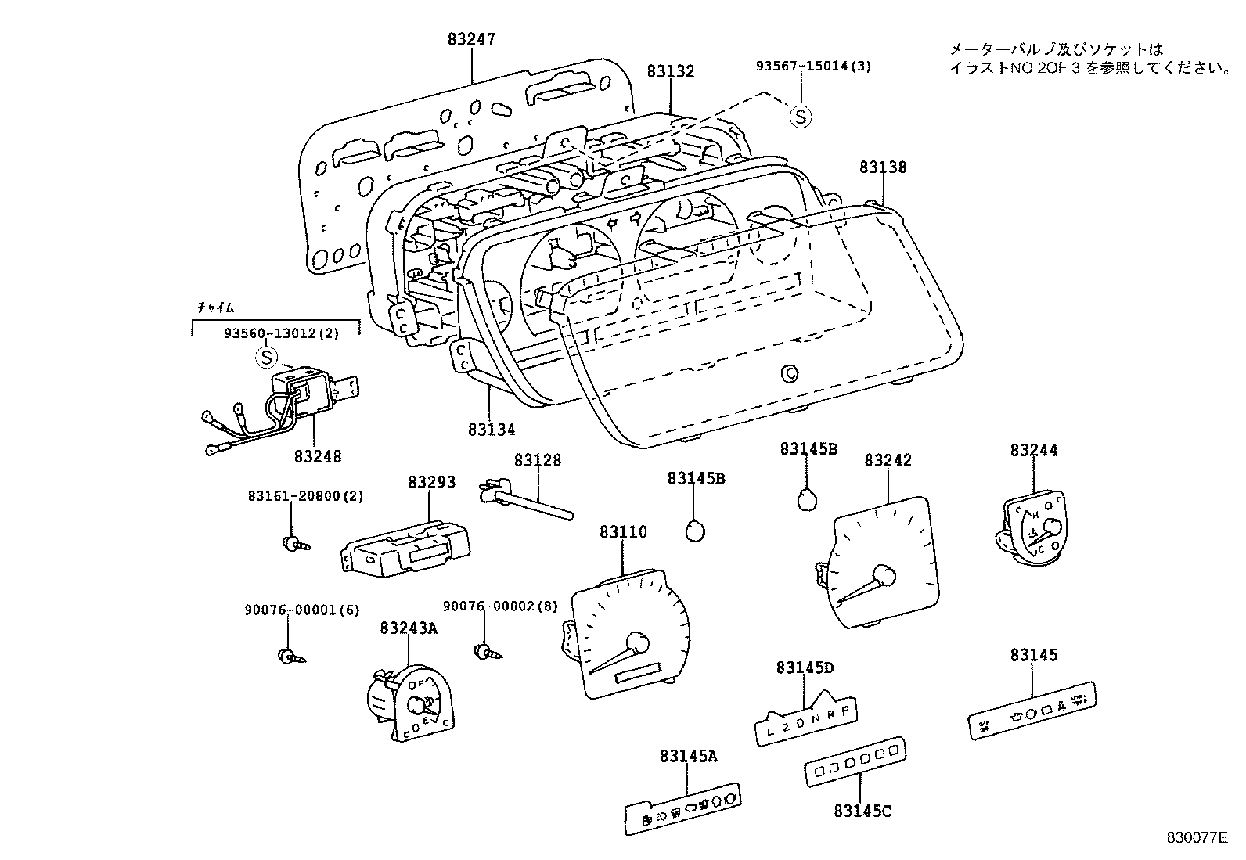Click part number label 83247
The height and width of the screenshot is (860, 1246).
[x=471, y=38]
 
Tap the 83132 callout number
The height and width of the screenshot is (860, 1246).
[x=671, y=71]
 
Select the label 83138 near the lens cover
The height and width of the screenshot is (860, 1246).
[x=883, y=167]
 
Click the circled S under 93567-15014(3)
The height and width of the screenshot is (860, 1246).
[x=800, y=117]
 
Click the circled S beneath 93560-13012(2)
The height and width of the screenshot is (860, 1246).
[x=267, y=358]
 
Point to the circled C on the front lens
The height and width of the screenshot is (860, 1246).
[x=790, y=375]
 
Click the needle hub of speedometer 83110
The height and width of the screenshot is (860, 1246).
[x=638, y=643]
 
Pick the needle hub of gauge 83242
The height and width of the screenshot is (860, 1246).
[x=885, y=576]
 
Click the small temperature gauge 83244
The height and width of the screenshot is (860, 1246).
[x=1034, y=526]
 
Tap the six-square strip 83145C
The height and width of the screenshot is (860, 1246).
[x=855, y=760]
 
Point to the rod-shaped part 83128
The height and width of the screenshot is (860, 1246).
[x=529, y=502]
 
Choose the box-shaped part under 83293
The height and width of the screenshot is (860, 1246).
[x=405, y=548]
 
